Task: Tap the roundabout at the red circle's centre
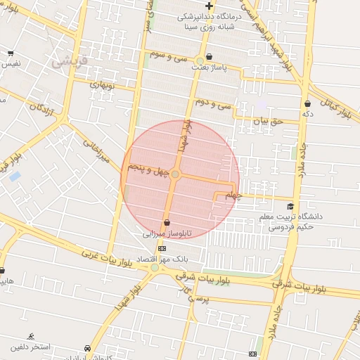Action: pyautogui.click(x=175, y=174)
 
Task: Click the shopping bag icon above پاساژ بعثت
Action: pyautogui.click(x=201, y=59)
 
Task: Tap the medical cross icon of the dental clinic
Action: pyautogui.click(x=209, y=6)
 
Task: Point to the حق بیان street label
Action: pyautogui.click(x=267, y=121)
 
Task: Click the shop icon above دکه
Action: pyautogui.click(x=308, y=103)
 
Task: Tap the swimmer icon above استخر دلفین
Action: pyautogui.click(x=31, y=337)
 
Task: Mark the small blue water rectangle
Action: pyautogui.click(x=15, y=176)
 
